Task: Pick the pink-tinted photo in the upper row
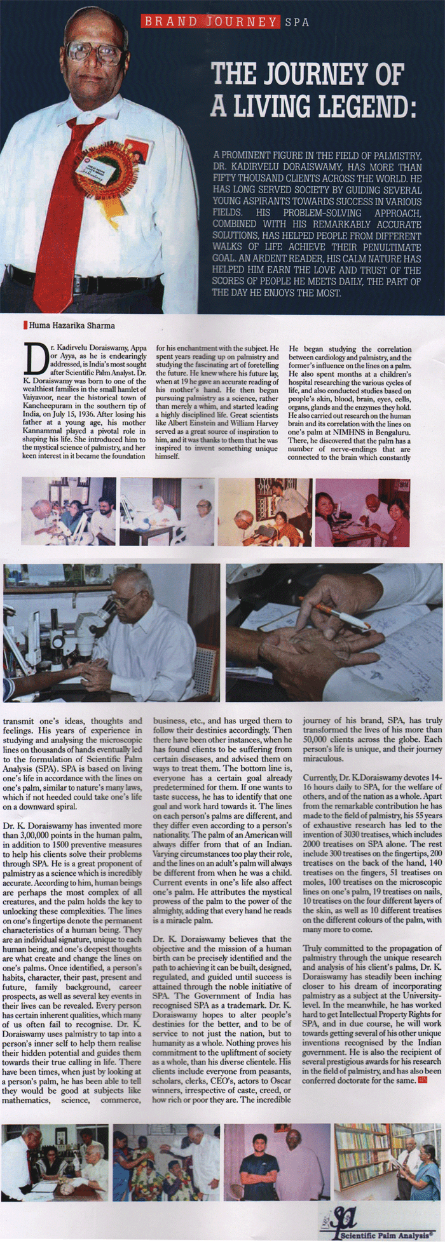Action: coord(363,512)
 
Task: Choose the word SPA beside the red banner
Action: coord(297,22)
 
